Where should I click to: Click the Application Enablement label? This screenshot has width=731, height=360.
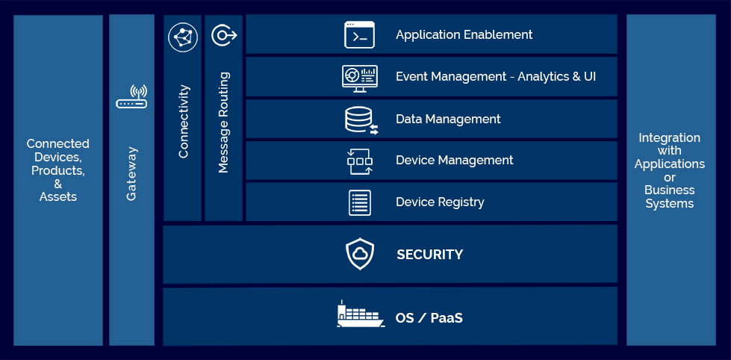(464, 34)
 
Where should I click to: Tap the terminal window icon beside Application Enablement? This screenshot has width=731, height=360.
(359, 34)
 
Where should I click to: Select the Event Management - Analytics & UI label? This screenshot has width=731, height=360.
(496, 76)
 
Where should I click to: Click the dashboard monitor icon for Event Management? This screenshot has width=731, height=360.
(359, 78)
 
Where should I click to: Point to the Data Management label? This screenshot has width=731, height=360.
(448, 119)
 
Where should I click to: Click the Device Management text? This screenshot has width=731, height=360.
(454, 160)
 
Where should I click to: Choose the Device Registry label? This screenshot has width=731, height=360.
(440, 202)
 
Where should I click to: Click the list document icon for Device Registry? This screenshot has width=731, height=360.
(360, 202)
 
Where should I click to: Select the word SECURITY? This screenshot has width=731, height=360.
(429, 255)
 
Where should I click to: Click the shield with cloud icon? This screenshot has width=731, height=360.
(360, 254)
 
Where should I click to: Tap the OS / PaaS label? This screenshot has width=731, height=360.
(429, 318)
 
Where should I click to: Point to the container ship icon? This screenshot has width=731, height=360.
(360, 314)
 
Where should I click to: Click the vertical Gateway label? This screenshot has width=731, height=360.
(131, 173)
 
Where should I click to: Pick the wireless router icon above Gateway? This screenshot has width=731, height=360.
(131, 97)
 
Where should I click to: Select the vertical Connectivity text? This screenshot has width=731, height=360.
(184, 121)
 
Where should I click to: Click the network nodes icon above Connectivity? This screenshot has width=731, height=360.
(183, 37)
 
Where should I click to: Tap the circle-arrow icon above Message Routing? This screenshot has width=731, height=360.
(223, 35)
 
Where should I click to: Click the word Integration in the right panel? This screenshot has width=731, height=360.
(670, 137)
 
